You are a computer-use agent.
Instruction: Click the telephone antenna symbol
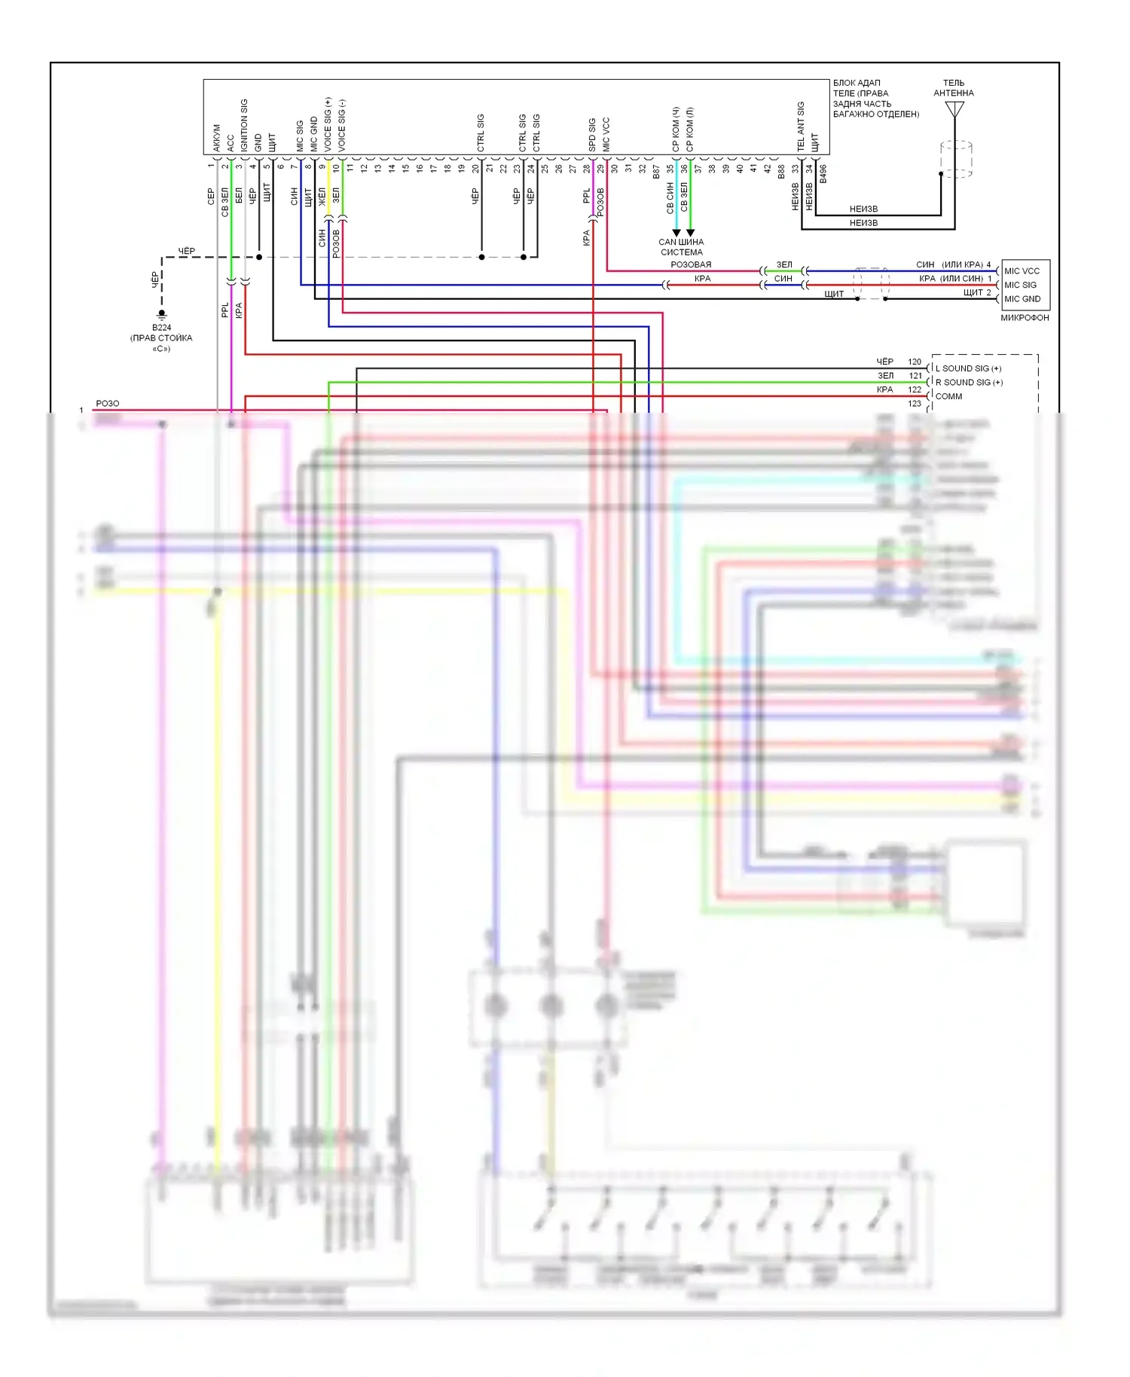coord(954,110)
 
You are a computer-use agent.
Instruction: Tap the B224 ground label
coord(161,328)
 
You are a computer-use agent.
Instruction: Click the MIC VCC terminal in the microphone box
coord(1022,271)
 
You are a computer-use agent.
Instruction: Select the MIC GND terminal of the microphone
coord(1022,299)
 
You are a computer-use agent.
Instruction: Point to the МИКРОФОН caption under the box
coord(1025,318)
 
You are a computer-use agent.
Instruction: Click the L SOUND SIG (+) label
coord(968,368)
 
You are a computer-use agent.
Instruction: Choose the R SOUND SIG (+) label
coord(969,383)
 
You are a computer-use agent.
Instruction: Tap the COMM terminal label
coord(948,396)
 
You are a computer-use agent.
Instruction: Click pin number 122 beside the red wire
coord(915,389)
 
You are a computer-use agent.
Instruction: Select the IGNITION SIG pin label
coord(244,125)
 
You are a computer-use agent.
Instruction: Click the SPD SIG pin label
coord(592,134)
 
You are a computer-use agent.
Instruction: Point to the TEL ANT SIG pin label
coord(801,127)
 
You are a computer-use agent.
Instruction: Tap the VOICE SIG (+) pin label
coord(328,124)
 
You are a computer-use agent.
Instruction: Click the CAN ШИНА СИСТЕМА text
coord(681,247)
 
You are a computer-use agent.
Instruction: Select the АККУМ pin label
coord(217,138)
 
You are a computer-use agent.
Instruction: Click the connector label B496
coord(823,174)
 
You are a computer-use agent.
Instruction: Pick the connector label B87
coord(656,172)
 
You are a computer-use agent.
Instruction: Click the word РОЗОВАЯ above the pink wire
coord(691,264)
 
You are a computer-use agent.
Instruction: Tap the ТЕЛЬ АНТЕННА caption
coord(954,88)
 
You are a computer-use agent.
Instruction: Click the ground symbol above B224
coord(161,314)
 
